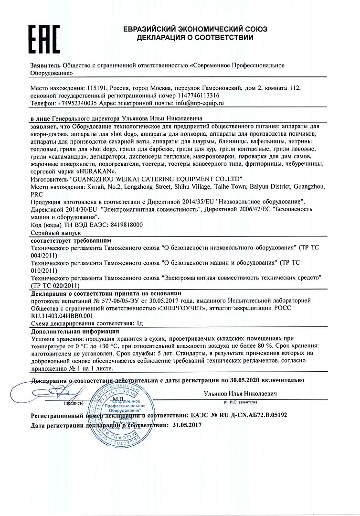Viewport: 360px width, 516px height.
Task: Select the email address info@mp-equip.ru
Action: tap(200, 103)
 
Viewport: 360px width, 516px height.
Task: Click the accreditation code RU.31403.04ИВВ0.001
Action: tap(61, 315)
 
